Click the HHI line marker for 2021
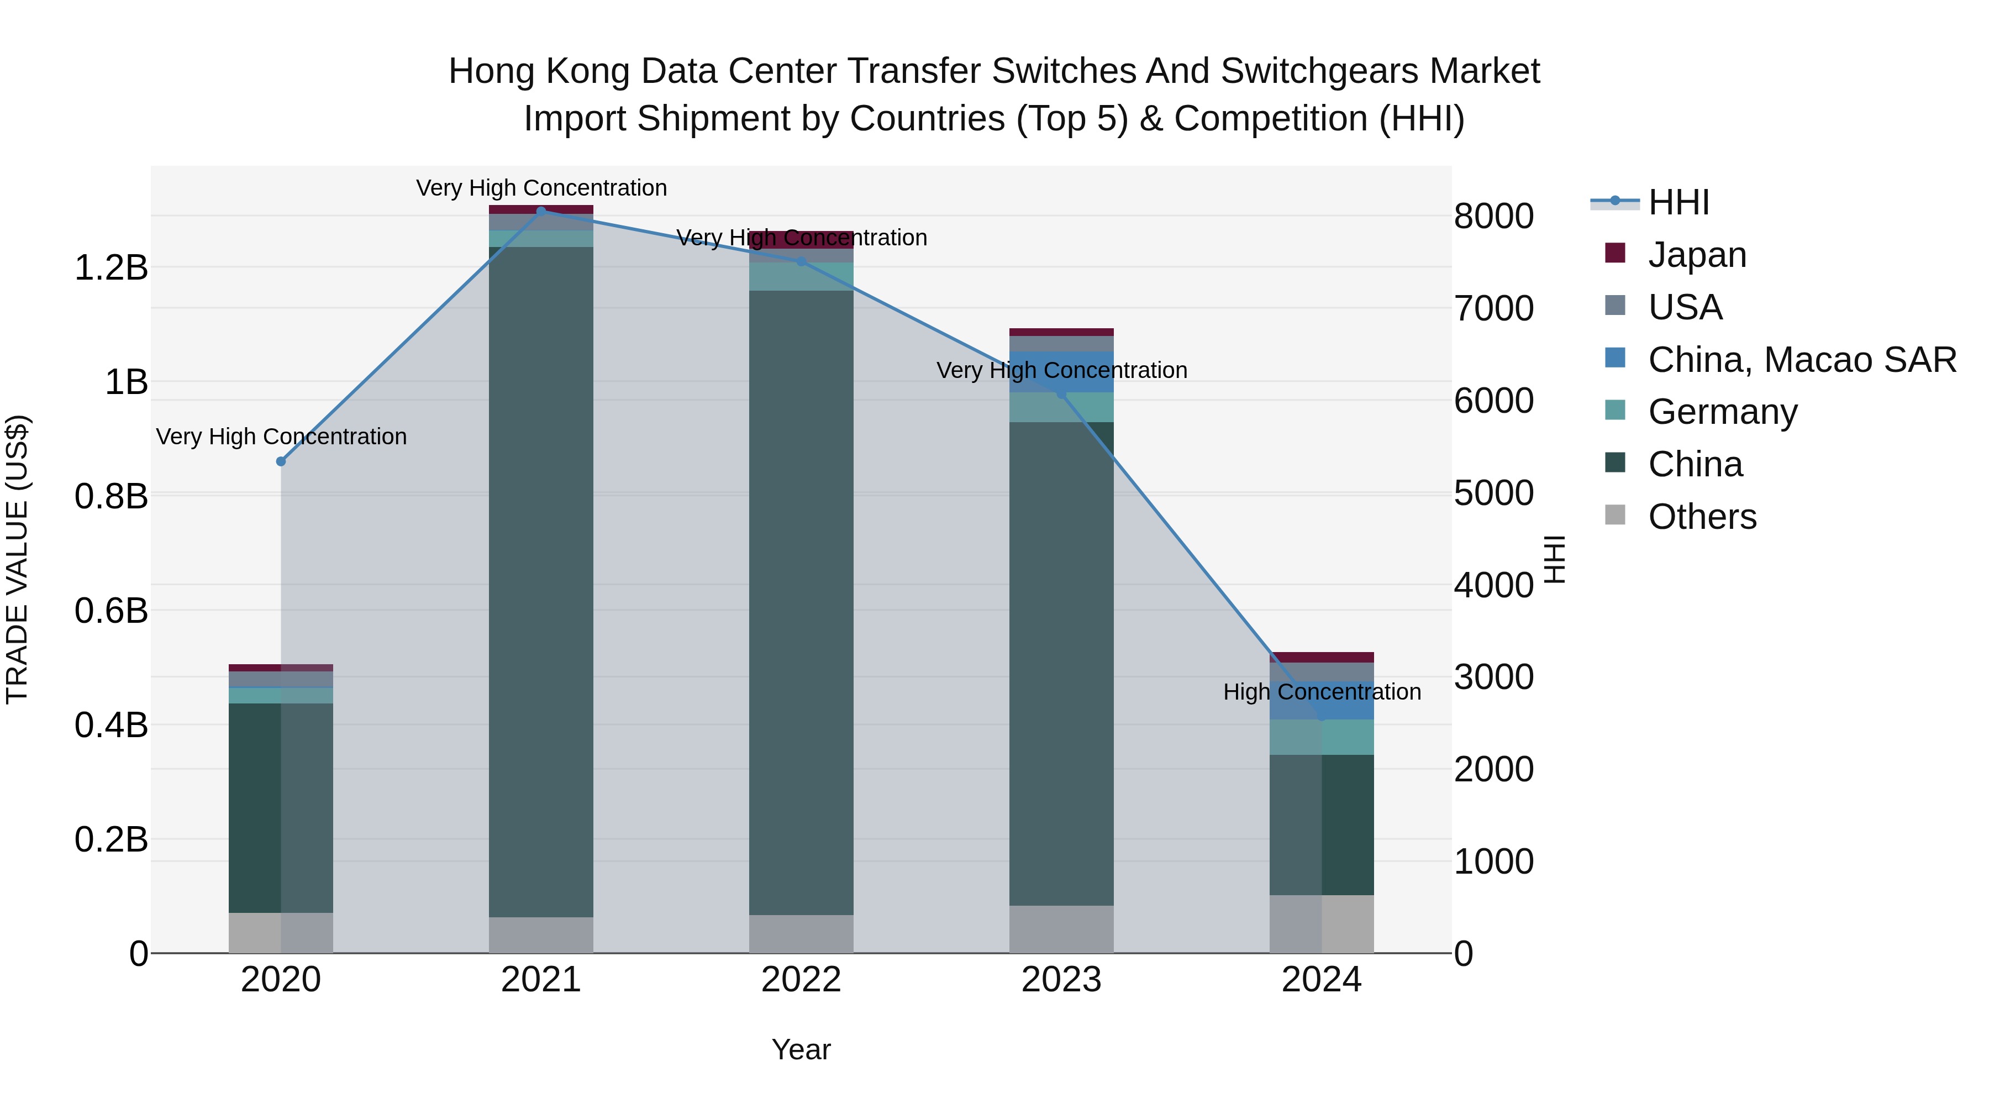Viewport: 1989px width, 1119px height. pos(541,211)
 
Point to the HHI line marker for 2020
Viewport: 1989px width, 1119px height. pos(281,461)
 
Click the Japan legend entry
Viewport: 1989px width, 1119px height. pos(1696,255)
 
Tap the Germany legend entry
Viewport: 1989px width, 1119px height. pos(1722,412)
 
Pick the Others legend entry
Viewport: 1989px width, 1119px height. pos(1702,517)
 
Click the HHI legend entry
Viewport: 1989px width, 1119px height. pos(1678,202)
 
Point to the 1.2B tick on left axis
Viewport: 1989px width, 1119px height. pos(111,269)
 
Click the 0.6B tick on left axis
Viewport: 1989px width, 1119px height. pos(111,611)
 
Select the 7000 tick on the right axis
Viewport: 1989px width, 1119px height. pos(1493,308)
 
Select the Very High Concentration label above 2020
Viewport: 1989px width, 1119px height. pos(281,437)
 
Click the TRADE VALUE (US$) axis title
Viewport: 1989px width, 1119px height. pos(17,559)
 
